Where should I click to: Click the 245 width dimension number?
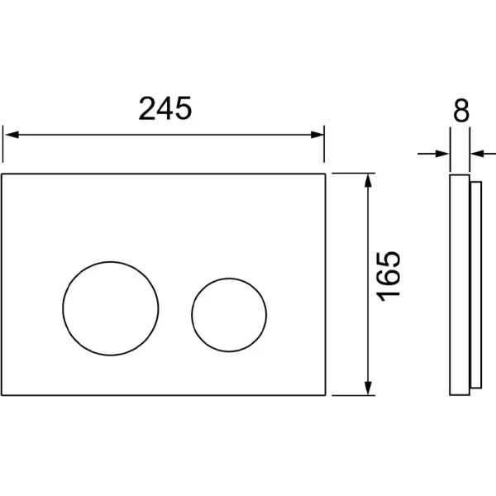[x=165, y=108]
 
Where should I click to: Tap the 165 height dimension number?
[x=389, y=276]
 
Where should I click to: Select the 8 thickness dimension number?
[x=461, y=111]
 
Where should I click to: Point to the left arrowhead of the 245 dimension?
[x=12, y=135]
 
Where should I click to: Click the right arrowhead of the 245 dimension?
[x=317, y=135]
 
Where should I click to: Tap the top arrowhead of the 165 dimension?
[x=368, y=180]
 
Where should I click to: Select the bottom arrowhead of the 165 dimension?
[x=368, y=389]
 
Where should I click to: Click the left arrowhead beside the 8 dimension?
[x=442, y=154]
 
